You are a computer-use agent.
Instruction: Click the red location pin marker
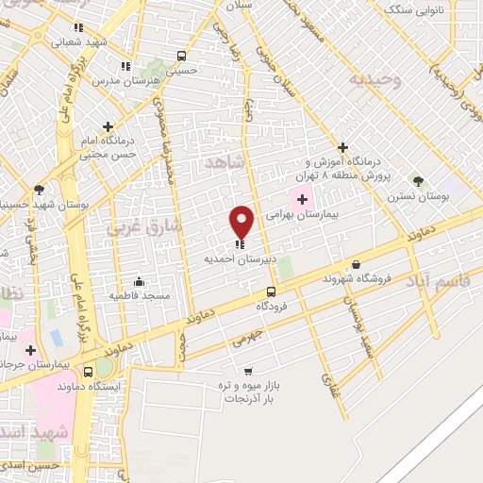[242, 221]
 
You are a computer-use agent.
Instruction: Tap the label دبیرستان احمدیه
[235, 258]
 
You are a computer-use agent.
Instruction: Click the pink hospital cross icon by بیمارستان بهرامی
[302, 199]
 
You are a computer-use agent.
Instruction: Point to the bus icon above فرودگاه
[271, 291]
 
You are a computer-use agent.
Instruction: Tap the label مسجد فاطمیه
[140, 296]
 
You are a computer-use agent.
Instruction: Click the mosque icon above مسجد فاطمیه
[140, 281]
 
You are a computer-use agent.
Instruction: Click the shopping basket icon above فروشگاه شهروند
[356, 264]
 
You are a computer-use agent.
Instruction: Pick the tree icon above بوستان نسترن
[418, 180]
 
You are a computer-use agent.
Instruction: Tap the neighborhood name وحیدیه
[375, 80]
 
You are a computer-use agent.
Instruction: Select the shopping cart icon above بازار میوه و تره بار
[248, 371]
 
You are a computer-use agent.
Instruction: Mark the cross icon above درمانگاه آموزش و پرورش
[343, 148]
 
